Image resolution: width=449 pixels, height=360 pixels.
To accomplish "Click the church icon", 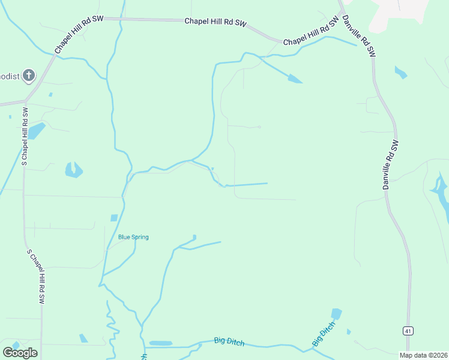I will pos(28,76).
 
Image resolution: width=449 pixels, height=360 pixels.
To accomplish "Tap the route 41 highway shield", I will pos(408,331).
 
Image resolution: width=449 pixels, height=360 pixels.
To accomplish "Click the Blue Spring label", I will pos(133,237).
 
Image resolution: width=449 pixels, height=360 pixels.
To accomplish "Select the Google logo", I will pos(20,352).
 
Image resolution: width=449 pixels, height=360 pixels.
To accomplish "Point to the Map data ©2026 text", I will pos(423,355).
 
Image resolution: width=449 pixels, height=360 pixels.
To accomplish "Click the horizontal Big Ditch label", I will pos(229,341).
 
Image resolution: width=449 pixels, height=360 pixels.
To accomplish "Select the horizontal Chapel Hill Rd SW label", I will pos(215,22).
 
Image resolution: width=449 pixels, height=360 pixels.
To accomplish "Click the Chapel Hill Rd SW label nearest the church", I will pos(79,36).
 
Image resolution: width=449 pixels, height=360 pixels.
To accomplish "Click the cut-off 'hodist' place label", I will pos(9,76).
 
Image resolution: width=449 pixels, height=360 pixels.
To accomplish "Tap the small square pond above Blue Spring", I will pos(114,218).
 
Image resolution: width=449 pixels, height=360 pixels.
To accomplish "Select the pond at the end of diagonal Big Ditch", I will pos(336,314).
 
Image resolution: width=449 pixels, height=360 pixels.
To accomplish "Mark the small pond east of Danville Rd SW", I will pos(400,73).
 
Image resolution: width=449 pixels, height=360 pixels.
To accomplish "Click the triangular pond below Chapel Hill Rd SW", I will pos(294,78).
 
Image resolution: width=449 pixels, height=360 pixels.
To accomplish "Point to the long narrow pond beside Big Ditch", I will pos(160,343).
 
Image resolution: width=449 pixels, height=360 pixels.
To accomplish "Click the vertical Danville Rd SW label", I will pos(390,165).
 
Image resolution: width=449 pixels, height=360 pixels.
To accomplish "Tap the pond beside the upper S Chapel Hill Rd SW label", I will pos(36,130).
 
